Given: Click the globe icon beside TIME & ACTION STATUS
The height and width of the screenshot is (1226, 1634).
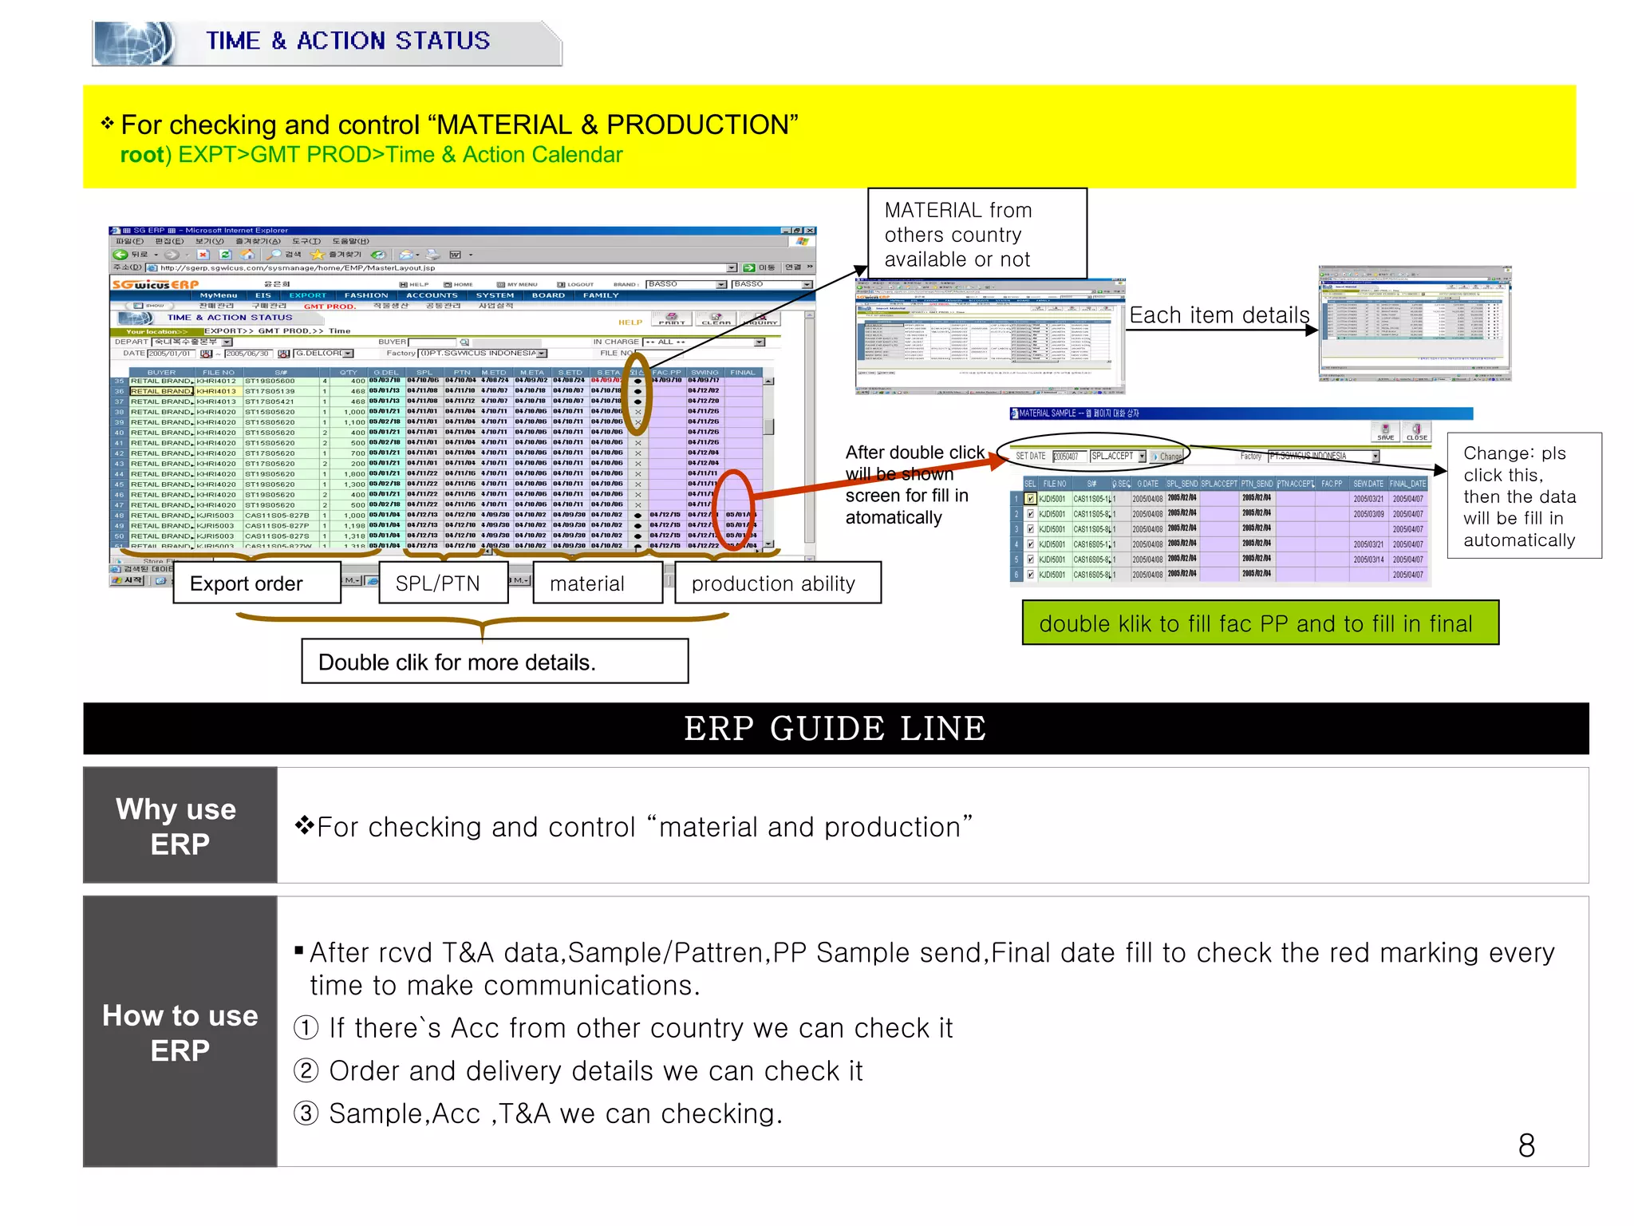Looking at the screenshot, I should (133, 42).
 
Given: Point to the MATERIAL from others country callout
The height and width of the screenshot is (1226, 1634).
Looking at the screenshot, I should (977, 234).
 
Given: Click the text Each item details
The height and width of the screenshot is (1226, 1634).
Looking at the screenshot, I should (1218, 316).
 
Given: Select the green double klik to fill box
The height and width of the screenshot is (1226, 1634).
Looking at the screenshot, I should (1260, 623).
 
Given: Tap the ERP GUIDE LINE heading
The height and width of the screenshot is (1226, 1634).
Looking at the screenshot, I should (835, 729).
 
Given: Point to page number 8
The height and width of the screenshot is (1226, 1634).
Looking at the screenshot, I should (1525, 1145).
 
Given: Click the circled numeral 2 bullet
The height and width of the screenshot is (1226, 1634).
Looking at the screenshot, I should (306, 1070).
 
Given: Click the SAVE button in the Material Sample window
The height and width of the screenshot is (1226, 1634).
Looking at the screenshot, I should (1385, 432).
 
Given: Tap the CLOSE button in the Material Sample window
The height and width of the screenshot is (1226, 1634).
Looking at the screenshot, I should (1416, 432).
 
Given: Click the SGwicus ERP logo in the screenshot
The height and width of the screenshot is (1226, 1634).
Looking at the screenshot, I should (155, 285).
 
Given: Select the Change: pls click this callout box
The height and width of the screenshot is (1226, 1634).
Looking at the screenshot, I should (1523, 496).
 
